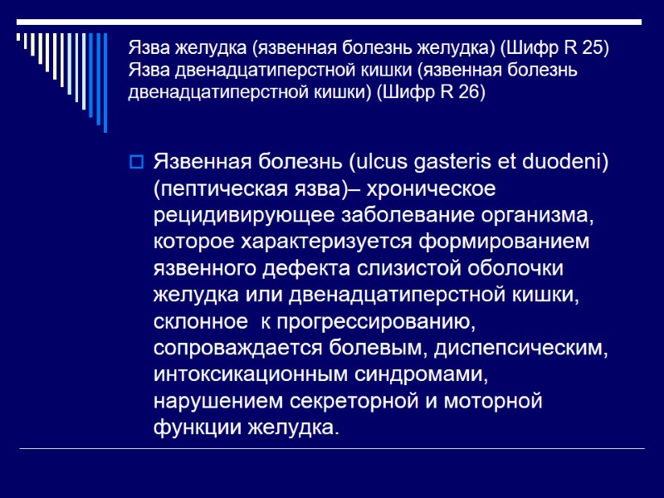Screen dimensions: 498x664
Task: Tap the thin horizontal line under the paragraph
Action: click(x=332, y=449)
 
